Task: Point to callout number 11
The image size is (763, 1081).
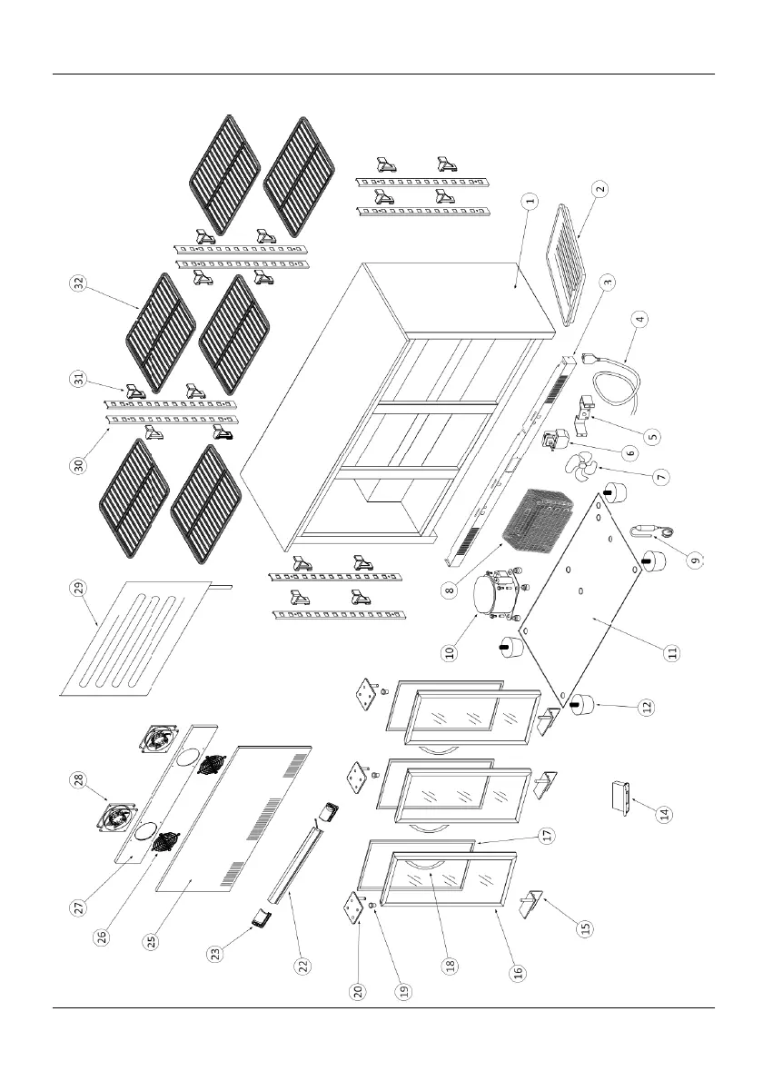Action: pos(671,652)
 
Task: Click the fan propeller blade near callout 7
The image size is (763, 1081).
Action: pos(581,469)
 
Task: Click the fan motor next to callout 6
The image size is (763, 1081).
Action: pos(550,442)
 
